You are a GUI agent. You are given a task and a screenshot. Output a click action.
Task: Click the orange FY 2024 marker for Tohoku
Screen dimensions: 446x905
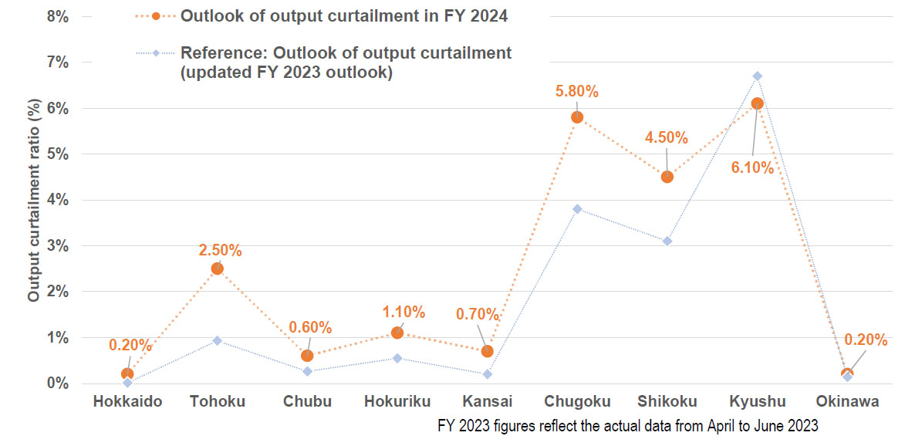click(218, 269)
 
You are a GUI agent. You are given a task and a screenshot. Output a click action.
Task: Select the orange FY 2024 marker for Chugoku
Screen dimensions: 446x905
click(577, 117)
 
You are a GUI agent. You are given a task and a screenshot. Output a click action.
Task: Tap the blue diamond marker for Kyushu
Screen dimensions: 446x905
click(758, 76)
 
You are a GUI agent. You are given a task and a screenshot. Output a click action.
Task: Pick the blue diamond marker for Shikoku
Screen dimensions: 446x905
click(667, 242)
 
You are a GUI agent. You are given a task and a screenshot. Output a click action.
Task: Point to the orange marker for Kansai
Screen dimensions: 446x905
click(488, 351)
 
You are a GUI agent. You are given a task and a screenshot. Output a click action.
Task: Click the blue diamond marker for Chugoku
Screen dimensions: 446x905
click(577, 209)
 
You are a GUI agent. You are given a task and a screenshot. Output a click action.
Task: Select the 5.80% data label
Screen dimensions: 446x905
click(577, 92)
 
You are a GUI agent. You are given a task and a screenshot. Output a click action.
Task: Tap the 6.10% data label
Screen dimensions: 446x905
click(751, 167)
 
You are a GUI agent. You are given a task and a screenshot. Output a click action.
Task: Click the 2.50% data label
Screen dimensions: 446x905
click(220, 250)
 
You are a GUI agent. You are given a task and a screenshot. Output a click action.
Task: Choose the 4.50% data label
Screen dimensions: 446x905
click(666, 138)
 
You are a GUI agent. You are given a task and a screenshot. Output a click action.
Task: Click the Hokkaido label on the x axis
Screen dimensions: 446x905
click(127, 401)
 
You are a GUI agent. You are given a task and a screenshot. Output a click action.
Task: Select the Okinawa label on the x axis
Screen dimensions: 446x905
click(847, 401)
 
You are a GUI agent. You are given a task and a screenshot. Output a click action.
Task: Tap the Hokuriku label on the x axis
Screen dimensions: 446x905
click(397, 401)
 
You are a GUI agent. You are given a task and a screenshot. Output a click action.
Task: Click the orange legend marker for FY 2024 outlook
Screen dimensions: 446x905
click(157, 15)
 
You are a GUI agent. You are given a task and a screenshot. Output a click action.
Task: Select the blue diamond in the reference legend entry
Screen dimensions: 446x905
click(157, 53)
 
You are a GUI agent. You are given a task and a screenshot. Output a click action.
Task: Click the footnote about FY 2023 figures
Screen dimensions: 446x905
click(627, 425)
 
